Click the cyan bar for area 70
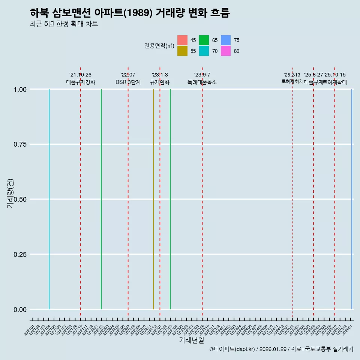(49, 199)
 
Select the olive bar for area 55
(153, 199)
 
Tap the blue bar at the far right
(351, 199)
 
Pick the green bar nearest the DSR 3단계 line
(101, 199)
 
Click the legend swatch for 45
(182, 40)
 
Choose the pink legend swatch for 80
(226, 51)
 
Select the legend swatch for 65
(204, 40)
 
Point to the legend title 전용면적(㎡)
(159, 46)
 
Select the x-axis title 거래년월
(191, 340)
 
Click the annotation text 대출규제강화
(81, 82)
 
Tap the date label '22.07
(128, 75)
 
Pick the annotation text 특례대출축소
(202, 82)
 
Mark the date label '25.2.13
(292, 75)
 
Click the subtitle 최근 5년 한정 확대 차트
(64, 24)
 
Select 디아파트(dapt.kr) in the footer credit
(232, 349)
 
